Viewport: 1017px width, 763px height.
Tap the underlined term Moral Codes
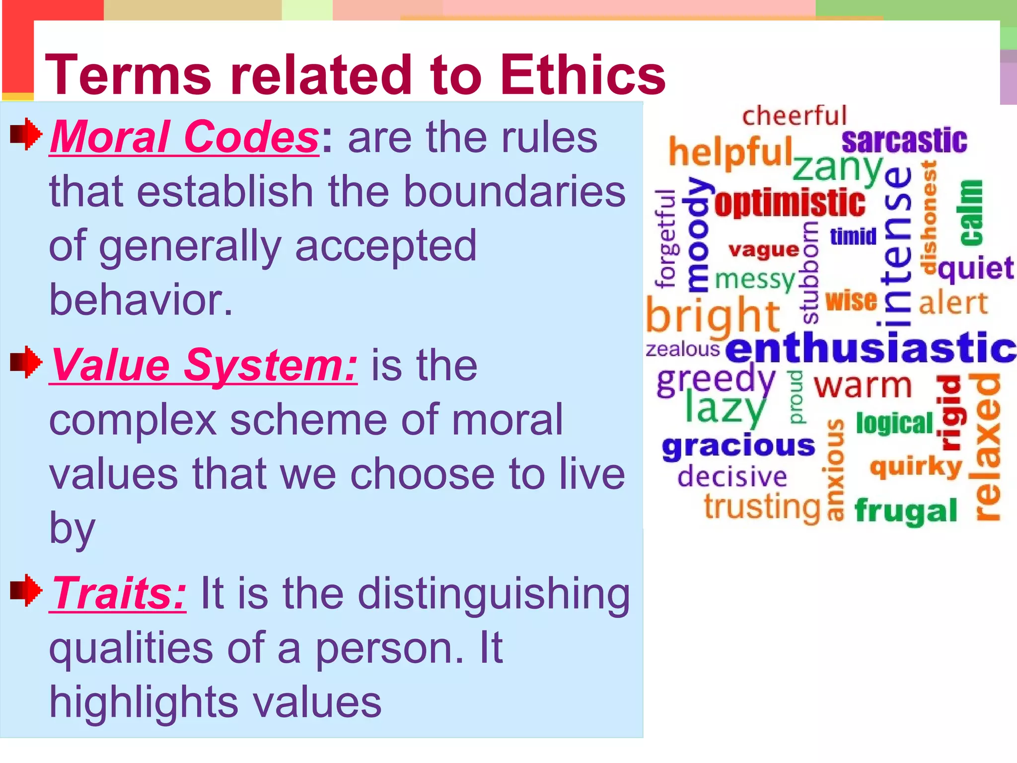pos(184,137)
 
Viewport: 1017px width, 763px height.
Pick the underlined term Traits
pos(118,593)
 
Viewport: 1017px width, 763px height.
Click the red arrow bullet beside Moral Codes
pos(26,133)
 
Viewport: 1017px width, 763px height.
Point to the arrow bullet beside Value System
pos(26,362)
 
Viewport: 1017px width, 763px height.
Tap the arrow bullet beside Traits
pos(26,590)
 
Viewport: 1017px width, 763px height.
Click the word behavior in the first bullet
pos(141,300)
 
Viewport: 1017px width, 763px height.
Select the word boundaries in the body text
pos(514,192)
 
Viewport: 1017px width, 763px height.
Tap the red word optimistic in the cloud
pos(790,204)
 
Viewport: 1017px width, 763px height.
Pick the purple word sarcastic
pos(904,141)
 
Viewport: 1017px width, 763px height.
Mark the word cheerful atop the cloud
pos(794,116)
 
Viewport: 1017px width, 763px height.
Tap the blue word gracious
pos(738,446)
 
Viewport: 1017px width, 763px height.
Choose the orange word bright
pos(712,316)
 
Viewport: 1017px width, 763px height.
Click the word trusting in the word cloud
pos(762,507)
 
